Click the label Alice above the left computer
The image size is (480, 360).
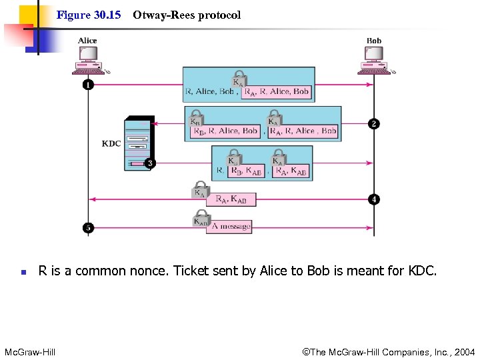point(87,41)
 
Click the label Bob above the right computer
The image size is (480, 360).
point(374,41)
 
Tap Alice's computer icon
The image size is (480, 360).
point(88,62)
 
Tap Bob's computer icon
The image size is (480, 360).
point(374,62)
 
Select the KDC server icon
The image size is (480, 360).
point(138,143)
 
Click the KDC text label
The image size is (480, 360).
point(111,143)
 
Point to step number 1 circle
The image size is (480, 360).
point(88,85)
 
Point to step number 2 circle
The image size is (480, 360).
point(374,124)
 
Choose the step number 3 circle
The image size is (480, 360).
point(151,163)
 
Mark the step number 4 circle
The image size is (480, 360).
point(374,199)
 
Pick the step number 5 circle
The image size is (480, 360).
point(88,227)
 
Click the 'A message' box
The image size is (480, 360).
point(231,227)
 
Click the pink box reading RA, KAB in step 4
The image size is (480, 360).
point(231,199)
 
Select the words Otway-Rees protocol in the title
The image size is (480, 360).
point(187,15)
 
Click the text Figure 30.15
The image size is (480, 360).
point(89,15)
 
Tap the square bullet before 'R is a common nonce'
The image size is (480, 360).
point(23,272)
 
